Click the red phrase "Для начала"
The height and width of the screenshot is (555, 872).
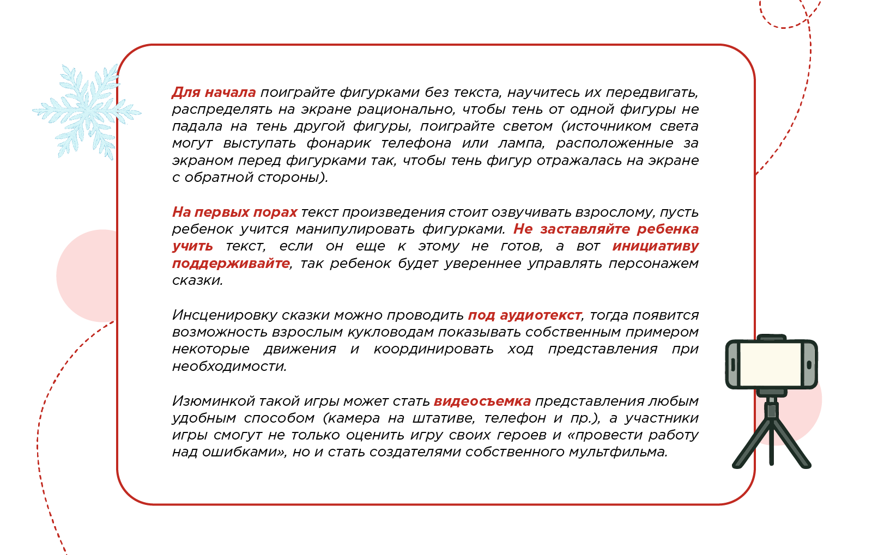click(214, 93)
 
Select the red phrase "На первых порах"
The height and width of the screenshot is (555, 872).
click(234, 212)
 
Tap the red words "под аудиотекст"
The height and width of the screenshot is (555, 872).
click(524, 315)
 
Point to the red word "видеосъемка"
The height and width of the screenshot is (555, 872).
click(482, 401)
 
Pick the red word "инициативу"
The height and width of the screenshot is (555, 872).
click(655, 246)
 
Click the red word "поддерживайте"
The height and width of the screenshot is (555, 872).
click(231, 264)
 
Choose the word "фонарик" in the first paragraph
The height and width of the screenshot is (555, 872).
click(338, 143)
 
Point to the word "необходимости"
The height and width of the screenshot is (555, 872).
click(229, 367)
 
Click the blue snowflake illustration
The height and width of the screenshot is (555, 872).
click(86, 112)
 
